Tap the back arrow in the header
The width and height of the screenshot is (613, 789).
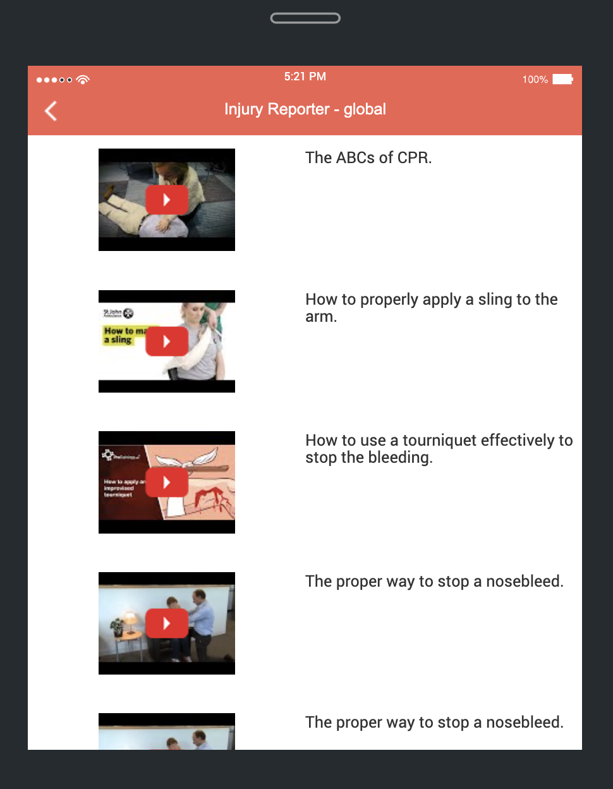pos(51,111)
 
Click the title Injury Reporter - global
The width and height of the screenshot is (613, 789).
pos(305,109)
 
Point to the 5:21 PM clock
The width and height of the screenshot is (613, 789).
pos(305,76)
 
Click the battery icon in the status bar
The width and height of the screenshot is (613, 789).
pos(562,79)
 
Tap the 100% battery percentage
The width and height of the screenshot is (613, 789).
pos(535,80)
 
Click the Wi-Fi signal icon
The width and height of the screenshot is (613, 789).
pos(83,80)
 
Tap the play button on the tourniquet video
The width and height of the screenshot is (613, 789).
pos(167,482)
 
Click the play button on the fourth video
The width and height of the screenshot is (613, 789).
pos(167,623)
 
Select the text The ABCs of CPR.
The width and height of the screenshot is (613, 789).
pos(368,158)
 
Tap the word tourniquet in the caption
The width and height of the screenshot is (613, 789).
pos(439,441)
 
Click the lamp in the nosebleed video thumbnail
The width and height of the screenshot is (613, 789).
pos(130,618)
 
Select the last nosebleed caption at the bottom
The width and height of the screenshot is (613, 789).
pos(434,723)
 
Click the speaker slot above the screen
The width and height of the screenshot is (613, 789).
pos(305,18)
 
